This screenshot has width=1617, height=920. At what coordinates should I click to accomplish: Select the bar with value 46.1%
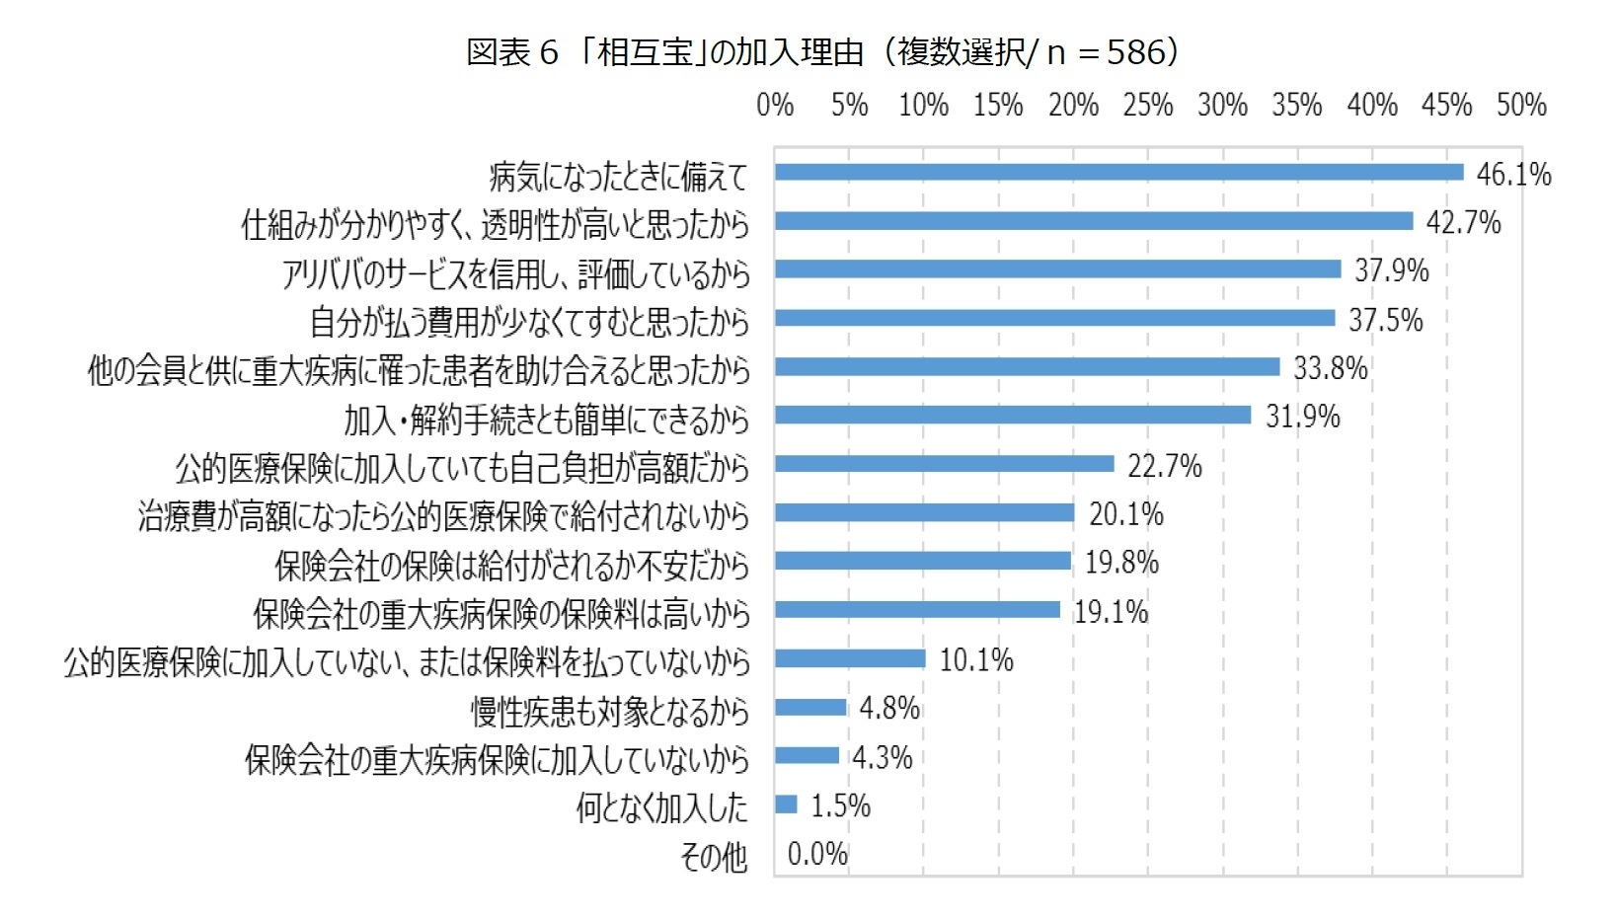pos(1118,173)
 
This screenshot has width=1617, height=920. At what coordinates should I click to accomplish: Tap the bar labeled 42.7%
pos(1094,221)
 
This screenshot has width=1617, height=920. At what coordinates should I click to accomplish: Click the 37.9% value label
pos(1391,270)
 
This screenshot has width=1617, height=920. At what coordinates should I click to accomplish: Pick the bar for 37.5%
pos(1054,318)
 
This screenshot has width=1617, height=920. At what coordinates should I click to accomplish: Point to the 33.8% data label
pos(1330,368)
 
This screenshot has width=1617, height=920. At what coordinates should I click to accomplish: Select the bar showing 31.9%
pos(1013,415)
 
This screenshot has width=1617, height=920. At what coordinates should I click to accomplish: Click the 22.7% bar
pos(944,464)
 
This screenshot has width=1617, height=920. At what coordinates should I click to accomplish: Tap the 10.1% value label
pos(975,659)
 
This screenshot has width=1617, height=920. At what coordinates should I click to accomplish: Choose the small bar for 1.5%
pos(786,805)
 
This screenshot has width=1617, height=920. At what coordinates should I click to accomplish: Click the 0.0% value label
pos(817,854)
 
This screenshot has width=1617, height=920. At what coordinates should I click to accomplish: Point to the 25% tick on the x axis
pos(1147,106)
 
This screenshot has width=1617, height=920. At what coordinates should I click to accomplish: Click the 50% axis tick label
pos(1521,106)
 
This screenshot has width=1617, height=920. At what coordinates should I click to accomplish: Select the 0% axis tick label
pos(775,106)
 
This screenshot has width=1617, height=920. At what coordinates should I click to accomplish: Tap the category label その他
pos(714,857)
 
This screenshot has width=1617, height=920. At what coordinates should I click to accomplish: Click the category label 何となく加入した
pos(662,807)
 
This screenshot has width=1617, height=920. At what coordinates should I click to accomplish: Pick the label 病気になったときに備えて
pos(619,177)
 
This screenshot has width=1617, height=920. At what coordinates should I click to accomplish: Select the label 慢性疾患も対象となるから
pos(610,711)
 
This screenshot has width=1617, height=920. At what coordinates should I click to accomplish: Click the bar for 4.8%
pos(810,707)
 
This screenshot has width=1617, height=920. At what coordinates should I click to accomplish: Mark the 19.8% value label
pos(1121,563)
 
